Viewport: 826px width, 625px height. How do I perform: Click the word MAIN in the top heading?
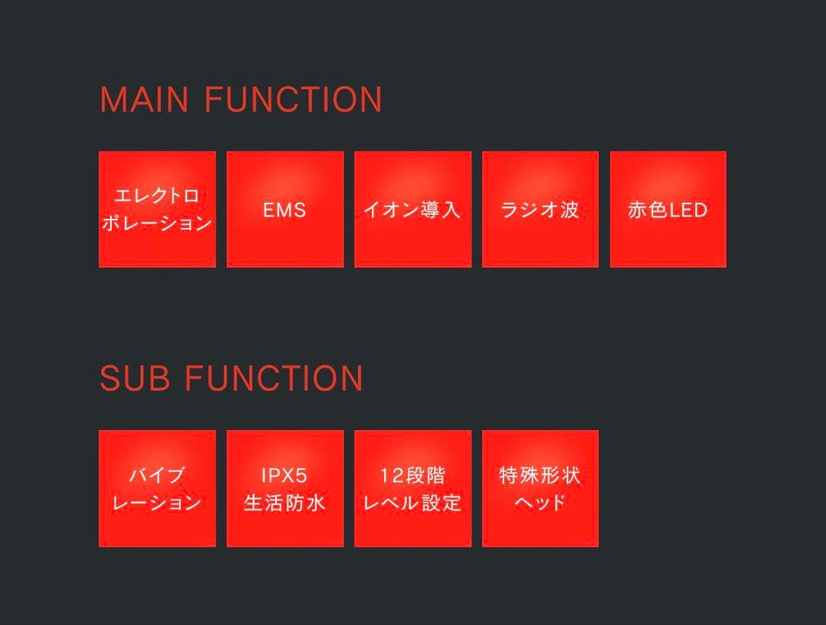point(145,99)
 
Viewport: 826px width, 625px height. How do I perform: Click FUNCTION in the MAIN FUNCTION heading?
point(293,99)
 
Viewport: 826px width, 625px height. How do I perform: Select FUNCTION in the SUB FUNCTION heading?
point(274,378)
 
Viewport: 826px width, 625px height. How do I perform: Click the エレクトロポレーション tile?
point(158,209)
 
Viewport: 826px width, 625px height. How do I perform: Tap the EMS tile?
point(285,209)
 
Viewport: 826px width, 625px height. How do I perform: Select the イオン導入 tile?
point(412,209)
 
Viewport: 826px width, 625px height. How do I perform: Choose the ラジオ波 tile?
point(540,209)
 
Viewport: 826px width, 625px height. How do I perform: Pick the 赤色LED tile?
point(668,209)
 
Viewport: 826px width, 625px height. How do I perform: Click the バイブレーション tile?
point(158,489)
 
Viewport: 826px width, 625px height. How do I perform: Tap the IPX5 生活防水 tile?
point(285,489)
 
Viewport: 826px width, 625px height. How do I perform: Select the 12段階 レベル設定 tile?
point(412,489)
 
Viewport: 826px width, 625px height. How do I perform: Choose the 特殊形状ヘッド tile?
point(540,489)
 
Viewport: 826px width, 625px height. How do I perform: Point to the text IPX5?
point(285,475)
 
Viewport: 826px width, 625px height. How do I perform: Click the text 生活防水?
point(285,503)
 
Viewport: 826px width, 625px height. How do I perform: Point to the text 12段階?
point(412,475)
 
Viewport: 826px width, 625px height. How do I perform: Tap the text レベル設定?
point(412,503)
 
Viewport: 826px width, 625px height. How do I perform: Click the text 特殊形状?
point(540,475)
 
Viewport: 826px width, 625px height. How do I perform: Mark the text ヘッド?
point(540,503)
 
